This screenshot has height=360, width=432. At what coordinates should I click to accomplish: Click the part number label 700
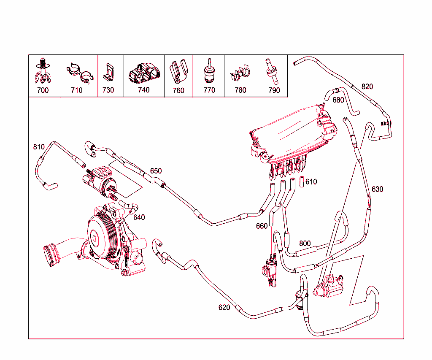pyautogui.click(x=43, y=90)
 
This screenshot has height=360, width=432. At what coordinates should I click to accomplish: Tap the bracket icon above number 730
pyautogui.click(x=108, y=72)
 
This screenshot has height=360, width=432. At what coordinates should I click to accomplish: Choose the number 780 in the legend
pyautogui.click(x=240, y=90)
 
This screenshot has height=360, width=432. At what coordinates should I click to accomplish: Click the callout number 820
pyautogui.click(x=367, y=87)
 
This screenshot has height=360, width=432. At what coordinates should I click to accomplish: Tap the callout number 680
pyautogui.click(x=338, y=100)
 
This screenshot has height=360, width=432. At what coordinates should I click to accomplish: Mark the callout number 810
pyautogui.click(x=39, y=147)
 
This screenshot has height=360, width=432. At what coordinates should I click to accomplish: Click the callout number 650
pyautogui.click(x=156, y=171)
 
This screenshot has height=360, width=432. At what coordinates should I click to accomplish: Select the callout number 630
pyautogui.click(x=377, y=189)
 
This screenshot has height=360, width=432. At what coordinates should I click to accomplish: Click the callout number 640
pyautogui.click(x=139, y=217)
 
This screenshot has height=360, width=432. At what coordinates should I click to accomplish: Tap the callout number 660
pyautogui.click(x=262, y=226)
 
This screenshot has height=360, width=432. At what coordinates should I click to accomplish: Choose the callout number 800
pyautogui.click(x=305, y=244)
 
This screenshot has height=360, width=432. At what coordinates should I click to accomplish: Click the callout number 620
pyautogui.click(x=224, y=308)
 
